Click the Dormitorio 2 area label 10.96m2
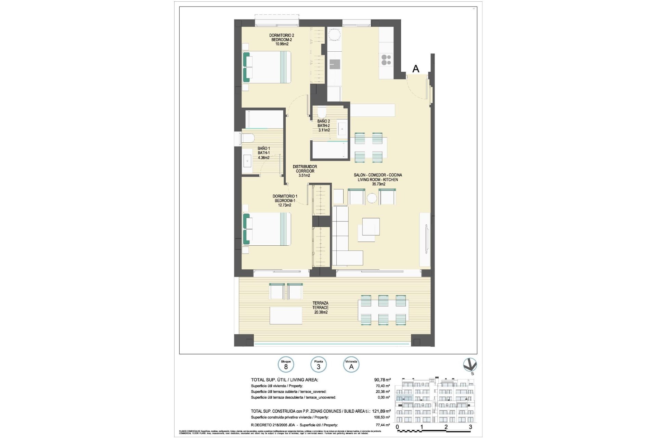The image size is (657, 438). click(282, 44)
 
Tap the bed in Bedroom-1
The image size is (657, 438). click(267, 229)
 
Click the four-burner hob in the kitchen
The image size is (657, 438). click(386, 60)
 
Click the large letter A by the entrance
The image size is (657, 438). click(416, 69)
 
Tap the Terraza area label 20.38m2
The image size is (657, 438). click(320, 312)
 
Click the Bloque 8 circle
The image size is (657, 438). click(286, 365)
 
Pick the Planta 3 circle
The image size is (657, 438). click(318, 365)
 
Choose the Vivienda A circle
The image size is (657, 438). click(351, 365)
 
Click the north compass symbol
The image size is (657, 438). click(470, 365)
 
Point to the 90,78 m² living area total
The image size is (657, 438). click(382, 380)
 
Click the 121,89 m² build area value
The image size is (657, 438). click(381, 411)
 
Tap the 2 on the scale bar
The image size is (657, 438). click(446, 427)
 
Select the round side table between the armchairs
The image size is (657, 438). click(372, 198)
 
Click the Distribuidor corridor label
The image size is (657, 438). click(305, 171)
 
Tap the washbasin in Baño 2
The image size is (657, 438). click(342, 129)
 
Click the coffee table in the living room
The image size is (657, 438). click(371, 227)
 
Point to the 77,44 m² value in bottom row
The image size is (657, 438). click(383, 425)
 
